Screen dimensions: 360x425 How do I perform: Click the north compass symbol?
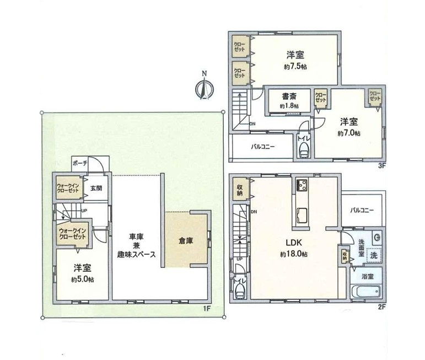[204, 87]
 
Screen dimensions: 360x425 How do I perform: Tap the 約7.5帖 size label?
[295, 66]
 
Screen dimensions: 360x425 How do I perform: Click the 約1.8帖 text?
[289, 106]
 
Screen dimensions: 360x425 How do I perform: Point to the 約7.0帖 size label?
[349, 133]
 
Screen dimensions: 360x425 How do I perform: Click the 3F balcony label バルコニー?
[263, 147]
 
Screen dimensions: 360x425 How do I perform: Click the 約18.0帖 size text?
[293, 254]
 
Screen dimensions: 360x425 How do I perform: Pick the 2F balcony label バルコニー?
[362, 210]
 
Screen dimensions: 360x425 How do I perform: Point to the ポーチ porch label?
[80, 164]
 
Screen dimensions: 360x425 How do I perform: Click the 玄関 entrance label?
[96, 188]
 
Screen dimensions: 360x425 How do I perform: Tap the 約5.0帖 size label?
[82, 280]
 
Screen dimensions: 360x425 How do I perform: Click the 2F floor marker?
[381, 308]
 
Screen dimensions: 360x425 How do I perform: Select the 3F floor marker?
[381, 165]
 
